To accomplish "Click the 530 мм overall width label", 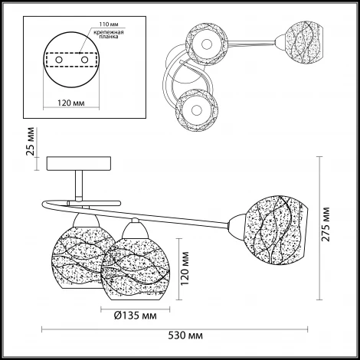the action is pos(185,335).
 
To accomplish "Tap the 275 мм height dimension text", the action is pos(326,224).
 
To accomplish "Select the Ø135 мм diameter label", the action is pos(135,316).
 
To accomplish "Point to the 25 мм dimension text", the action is pos(30,141).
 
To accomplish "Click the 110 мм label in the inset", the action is pos(109,25).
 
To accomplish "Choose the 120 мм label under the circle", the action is pos(70,103).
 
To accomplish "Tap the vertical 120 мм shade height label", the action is pos(185,269).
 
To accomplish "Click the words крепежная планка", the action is pos(109,34).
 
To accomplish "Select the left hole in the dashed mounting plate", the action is pos(59,60).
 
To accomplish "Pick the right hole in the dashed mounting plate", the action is pos(84,60).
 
